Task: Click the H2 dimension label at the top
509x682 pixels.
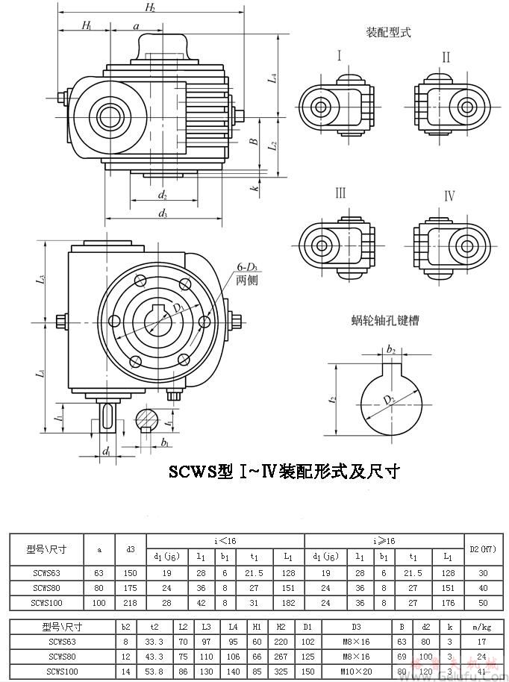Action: pyautogui.click(x=150, y=7)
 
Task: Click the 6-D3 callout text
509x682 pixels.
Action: pyautogui.click(x=247, y=268)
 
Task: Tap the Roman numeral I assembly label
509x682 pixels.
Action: pyautogui.click(x=339, y=57)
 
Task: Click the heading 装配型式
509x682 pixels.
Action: pyautogui.click(x=388, y=33)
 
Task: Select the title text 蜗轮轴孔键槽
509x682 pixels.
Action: pyautogui.click(x=385, y=321)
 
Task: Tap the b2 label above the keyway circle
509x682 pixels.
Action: pyautogui.click(x=390, y=348)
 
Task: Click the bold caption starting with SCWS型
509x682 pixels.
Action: pyautogui.click(x=284, y=472)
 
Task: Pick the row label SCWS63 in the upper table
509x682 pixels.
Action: pyautogui.click(x=46, y=573)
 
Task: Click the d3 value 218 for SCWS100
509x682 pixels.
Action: pyautogui.click(x=131, y=601)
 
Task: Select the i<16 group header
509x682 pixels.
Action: pyautogui.click(x=225, y=540)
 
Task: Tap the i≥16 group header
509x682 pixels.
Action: pyautogui.click(x=384, y=540)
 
